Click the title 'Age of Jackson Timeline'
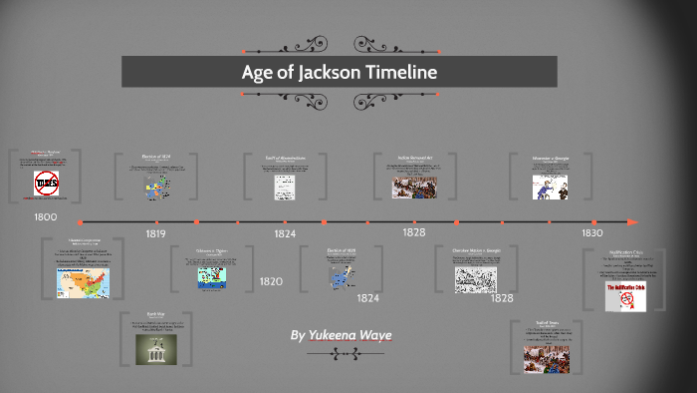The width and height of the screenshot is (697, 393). click(x=340, y=73)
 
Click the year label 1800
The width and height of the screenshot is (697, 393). click(x=45, y=216)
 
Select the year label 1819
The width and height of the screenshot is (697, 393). click(x=155, y=233)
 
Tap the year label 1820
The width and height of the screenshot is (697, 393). click(x=271, y=281)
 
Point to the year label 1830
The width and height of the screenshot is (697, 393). click(x=592, y=232)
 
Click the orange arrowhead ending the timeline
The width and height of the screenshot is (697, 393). click(x=633, y=221)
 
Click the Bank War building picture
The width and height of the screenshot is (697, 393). click(x=156, y=348)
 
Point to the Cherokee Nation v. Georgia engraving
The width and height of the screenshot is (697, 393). click(x=475, y=279)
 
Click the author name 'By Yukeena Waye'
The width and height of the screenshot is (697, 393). click(x=340, y=336)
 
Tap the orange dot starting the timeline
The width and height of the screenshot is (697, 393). click(x=80, y=221)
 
